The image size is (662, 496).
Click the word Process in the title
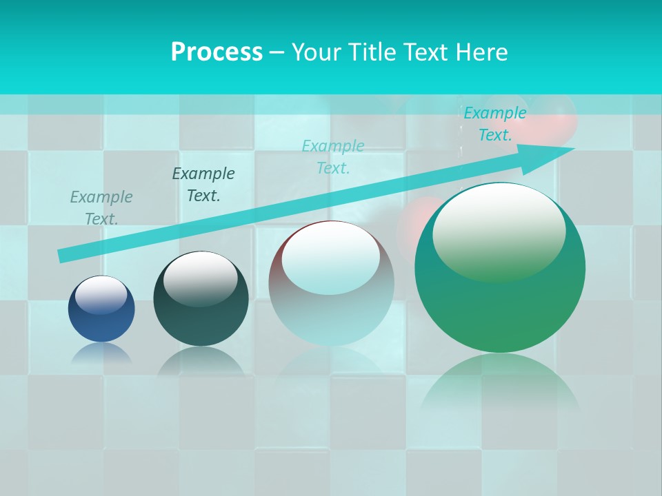pos(217,52)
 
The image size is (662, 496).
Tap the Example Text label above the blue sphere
pos(101,208)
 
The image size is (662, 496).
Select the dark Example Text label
pos(203,185)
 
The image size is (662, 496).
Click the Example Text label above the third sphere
pos(333,157)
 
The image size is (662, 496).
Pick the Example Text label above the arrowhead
pos(495,124)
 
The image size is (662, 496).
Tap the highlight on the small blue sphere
pos(101,295)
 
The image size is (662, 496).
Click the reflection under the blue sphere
pos(101,353)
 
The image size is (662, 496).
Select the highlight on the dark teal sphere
pos(201,277)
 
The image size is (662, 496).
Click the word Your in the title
pos(317,52)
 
